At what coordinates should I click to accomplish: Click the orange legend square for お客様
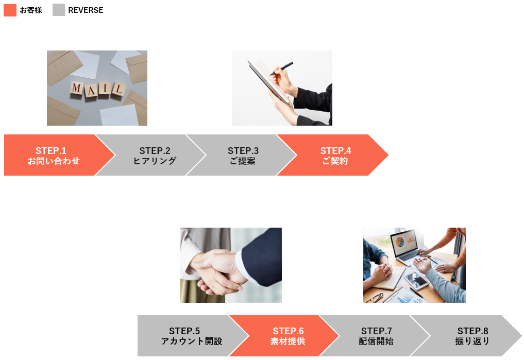coord(10,10)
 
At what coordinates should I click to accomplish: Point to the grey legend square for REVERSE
coord(59,10)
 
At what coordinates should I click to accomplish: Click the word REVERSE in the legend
coord(86,10)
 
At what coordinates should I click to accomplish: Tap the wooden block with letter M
coord(77,88)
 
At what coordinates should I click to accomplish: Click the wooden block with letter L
coord(119,89)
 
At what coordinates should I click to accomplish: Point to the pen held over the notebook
coord(281,68)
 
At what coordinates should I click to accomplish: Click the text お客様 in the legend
coord(31,10)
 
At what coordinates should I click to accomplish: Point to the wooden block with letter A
coord(91,90)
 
